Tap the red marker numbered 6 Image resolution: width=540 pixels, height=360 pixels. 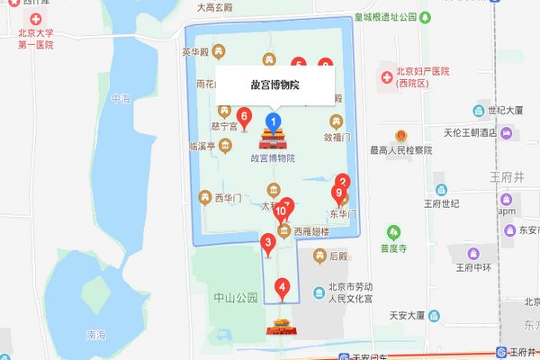[x=244, y=116]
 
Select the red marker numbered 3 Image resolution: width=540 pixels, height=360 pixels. [x=267, y=242]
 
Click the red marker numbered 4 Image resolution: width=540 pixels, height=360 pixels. [x=283, y=289]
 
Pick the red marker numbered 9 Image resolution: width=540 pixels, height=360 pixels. [x=338, y=193]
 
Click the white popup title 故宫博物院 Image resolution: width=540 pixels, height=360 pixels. [x=274, y=85]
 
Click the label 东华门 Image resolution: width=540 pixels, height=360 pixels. [x=343, y=214]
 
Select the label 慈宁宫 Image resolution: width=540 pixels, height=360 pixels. [x=224, y=127]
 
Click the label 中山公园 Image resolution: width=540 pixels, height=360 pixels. [x=236, y=296]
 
